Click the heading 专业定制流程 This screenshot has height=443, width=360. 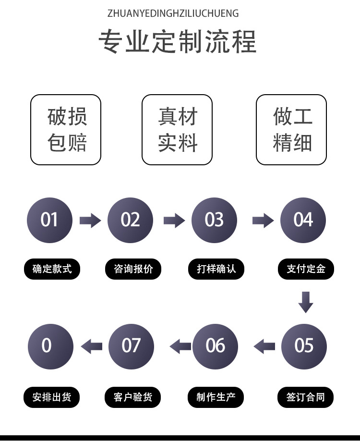click(178, 42)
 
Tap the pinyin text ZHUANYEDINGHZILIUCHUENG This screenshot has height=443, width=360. click(173, 13)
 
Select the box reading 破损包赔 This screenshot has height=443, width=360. click(66, 130)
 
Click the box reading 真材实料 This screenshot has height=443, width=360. click(177, 130)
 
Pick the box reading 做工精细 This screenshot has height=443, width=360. click(291, 130)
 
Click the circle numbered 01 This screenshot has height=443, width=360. click(49, 220)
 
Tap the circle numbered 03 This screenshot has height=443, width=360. click(214, 220)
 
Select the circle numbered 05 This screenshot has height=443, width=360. click(304, 346)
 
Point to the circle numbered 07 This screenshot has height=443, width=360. click(131, 346)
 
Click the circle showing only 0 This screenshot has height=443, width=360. click(50, 346)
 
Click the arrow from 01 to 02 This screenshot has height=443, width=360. click(90, 221)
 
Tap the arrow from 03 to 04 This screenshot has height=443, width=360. click(263, 221)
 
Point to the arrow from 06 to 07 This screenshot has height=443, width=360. click(180, 346)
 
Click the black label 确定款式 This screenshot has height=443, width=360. click(52, 269)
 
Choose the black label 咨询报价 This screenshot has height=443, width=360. click(133, 269)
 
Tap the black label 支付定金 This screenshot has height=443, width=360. click(306, 269)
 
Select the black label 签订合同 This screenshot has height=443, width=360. click(306, 397)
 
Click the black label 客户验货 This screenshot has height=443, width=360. click(133, 397)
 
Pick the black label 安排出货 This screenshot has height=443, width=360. click(52, 397)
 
